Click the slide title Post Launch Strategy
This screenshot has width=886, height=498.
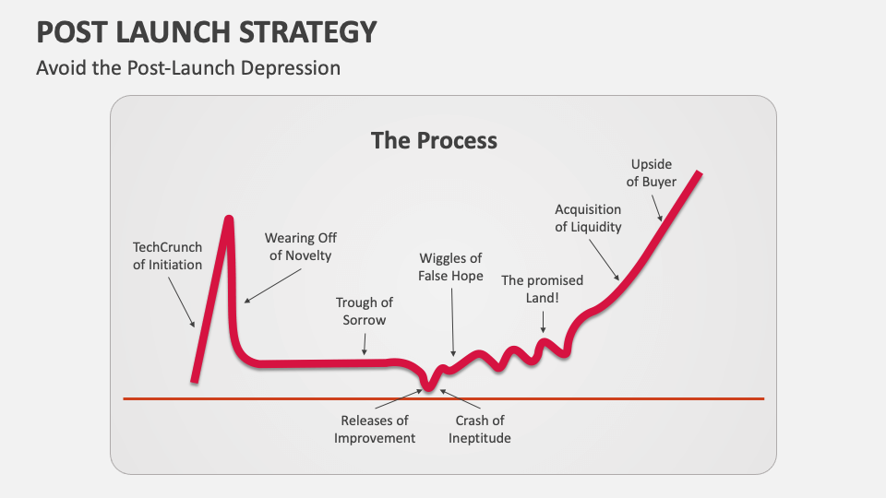207,31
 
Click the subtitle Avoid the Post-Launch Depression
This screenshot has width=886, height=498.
188,68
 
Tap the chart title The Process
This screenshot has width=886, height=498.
434,140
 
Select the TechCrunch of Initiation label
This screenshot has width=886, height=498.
167,255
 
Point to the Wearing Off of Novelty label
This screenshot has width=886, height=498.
300,246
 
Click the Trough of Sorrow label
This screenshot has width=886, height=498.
365,311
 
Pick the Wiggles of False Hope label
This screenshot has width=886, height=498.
451,267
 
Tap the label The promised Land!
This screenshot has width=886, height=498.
543,290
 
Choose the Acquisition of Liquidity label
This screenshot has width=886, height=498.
588,218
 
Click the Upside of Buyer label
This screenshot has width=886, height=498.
652,172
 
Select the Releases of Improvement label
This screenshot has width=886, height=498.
375,429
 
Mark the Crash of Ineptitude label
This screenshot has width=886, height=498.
480,429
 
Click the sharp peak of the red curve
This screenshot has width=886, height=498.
228,219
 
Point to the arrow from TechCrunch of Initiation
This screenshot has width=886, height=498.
181,301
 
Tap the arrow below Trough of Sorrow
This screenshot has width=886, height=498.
365,344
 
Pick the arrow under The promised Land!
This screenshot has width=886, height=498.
544,320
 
